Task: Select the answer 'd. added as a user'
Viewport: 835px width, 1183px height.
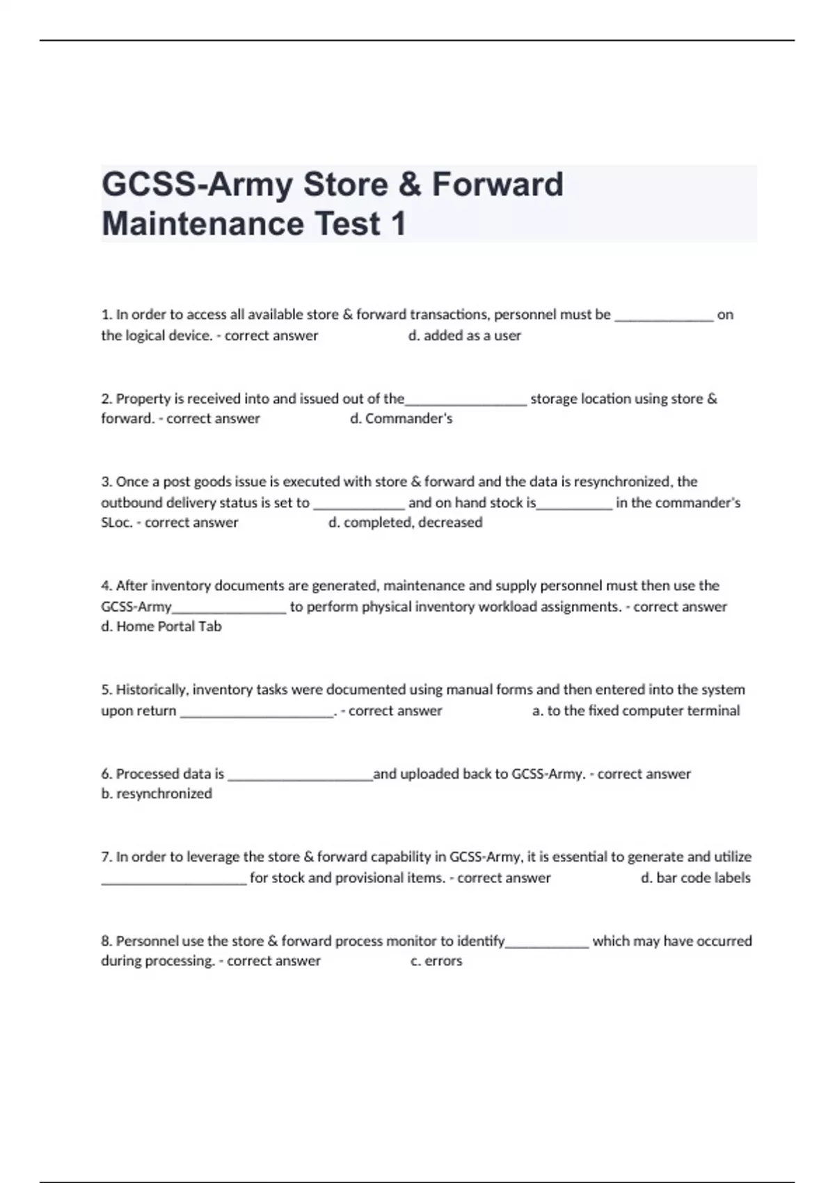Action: [464, 335]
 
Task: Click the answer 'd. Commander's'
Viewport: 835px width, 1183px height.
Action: [401, 418]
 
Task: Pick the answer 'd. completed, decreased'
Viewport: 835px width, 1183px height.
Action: [405, 523]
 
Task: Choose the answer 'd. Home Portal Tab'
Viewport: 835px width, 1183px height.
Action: [161, 626]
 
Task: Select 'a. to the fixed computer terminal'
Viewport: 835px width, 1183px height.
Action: [635, 710]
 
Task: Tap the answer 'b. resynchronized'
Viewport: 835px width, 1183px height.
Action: [157, 793]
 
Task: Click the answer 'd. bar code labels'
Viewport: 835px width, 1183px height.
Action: [695, 878]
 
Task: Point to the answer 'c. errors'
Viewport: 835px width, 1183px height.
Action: [436, 961]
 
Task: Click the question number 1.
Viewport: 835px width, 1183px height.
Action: [106, 315]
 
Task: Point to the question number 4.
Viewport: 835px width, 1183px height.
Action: [106, 585]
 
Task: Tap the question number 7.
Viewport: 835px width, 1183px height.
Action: [106, 857]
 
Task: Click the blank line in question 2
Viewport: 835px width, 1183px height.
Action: [466, 402]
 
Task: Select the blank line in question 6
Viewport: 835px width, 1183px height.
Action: [300, 777]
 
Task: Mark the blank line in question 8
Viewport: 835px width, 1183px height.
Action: [548, 944]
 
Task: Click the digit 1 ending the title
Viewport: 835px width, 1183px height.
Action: [398, 224]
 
